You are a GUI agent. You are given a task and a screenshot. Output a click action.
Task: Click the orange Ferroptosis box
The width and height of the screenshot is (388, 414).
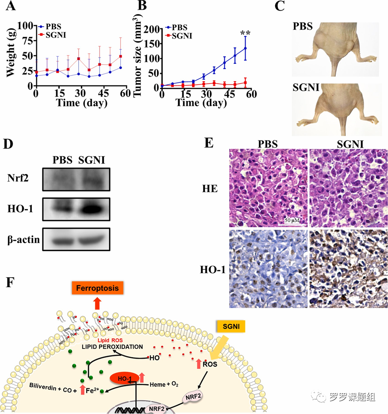[x=97, y=288]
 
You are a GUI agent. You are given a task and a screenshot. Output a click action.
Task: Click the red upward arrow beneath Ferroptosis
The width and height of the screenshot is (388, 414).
[x=97, y=304]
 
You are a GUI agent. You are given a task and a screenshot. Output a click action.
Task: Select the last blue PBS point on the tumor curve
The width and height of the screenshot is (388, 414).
[x=245, y=48]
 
